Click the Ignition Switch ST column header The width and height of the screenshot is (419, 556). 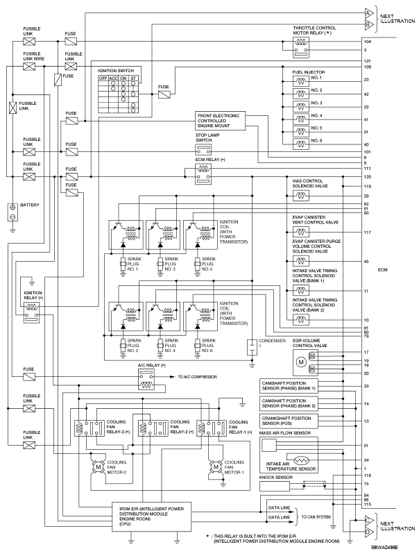pyautogui.click(x=132, y=78)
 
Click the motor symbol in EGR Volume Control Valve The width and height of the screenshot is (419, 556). pyautogui.click(x=301, y=363)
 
